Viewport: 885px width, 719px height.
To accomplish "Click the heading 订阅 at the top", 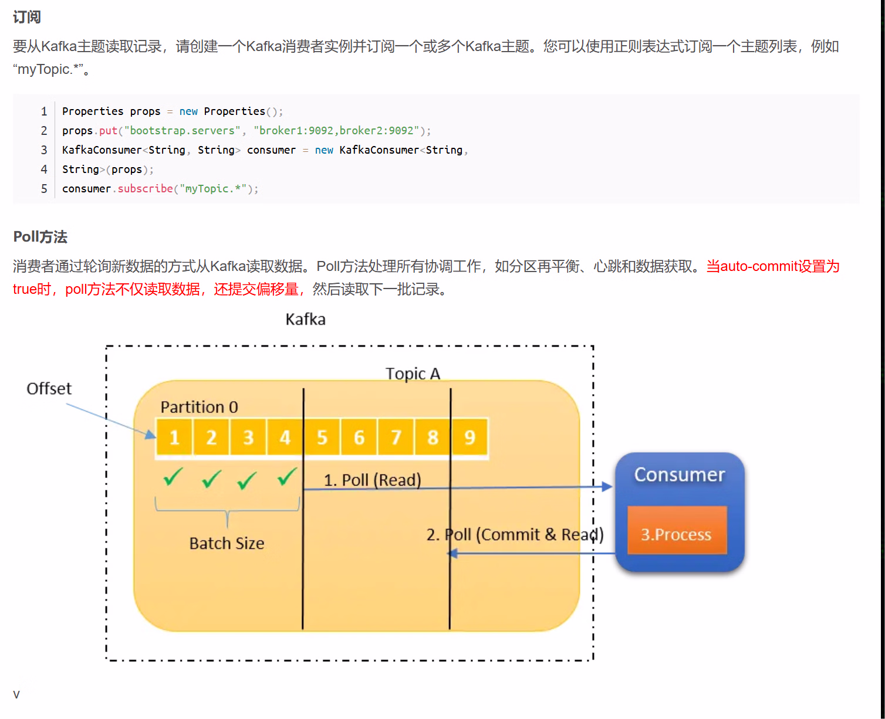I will [27, 18].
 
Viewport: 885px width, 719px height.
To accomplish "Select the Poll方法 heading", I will [40, 237].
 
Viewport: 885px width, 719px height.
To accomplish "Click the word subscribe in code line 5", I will [145, 189].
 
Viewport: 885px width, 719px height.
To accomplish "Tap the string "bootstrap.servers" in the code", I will [182, 131].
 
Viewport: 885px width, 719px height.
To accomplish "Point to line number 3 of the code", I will [44, 150].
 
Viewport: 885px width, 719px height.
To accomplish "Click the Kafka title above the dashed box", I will [305, 320].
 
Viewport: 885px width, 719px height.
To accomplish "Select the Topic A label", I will [413, 374].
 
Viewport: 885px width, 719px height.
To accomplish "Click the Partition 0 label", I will [199, 407].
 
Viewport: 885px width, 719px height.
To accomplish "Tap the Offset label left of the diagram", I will [49, 389].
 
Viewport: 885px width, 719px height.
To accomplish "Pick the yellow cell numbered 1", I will [174, 437].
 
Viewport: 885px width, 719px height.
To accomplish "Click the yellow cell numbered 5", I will [322, 437].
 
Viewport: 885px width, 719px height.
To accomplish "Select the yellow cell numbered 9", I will [469, 437].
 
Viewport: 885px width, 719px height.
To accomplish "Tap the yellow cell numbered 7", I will [396, 437].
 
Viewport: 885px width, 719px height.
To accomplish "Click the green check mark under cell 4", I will [287, 477].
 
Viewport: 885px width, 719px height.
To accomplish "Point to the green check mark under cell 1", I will [173, 477].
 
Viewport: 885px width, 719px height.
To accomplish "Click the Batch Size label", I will [227, 544].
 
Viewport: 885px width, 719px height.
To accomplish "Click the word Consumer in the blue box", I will [680, 474].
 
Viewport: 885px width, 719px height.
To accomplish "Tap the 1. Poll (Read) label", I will [373, 480].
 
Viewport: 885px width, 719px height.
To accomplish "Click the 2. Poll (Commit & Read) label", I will [515, 535].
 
